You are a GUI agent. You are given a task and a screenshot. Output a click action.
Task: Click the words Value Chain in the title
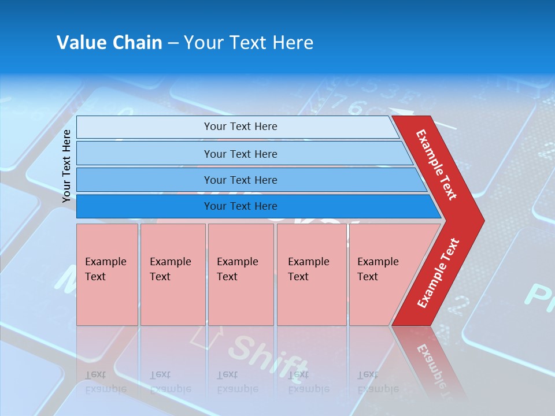109,43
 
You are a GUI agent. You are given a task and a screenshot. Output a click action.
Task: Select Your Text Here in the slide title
249,43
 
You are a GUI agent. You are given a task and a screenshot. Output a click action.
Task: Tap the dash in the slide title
173,43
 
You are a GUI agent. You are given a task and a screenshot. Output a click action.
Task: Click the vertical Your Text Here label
66,166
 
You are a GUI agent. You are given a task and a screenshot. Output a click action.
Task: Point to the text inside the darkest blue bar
240,206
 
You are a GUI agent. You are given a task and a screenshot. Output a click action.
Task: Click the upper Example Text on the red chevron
436,165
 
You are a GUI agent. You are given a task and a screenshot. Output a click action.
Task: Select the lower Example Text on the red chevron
438,273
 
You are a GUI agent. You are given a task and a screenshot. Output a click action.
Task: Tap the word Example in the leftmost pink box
105,262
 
